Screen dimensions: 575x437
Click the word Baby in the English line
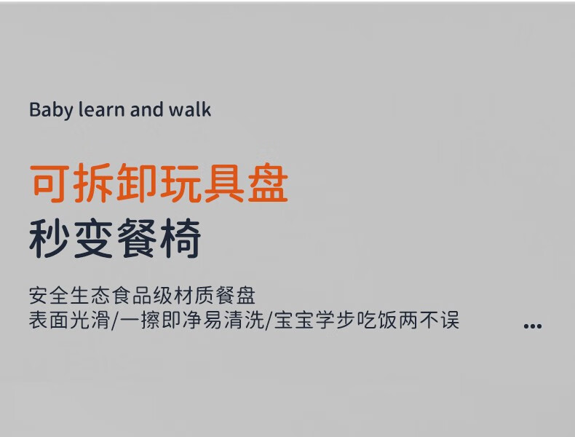[x=51, y=110]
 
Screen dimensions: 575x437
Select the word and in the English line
[x=146, y=110]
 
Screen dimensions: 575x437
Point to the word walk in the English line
[x=189, y=110]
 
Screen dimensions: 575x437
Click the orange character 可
[x=50, y=184]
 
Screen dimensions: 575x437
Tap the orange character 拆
[x=93, y=184]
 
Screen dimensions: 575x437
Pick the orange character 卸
[x=137, y=184]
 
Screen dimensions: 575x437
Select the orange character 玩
[x=181, y=184]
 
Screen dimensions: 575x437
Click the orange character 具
[x=224, y=184]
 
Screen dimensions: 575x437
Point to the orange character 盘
[x=268, y=184]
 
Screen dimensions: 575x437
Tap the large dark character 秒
[x=50, y=238]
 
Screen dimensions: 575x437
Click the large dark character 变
[x=93, y=238]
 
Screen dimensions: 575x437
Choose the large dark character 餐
[x=137, y=238]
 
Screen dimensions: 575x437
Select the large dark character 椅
[x=181, y=238]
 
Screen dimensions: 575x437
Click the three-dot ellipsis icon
[x=533, y=326]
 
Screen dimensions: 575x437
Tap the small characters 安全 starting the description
[x=49, y=296]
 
